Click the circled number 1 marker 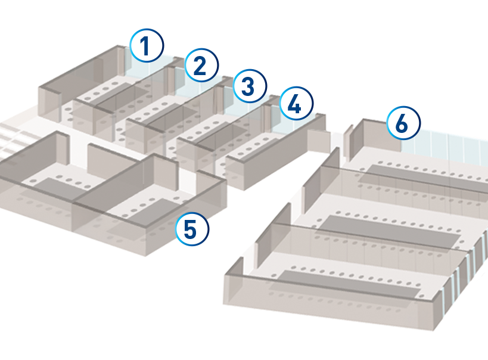point(147,46)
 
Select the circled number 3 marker point(250,86)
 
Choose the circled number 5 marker point(192,229)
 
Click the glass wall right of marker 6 point(447,147)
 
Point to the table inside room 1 point(116,95)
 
